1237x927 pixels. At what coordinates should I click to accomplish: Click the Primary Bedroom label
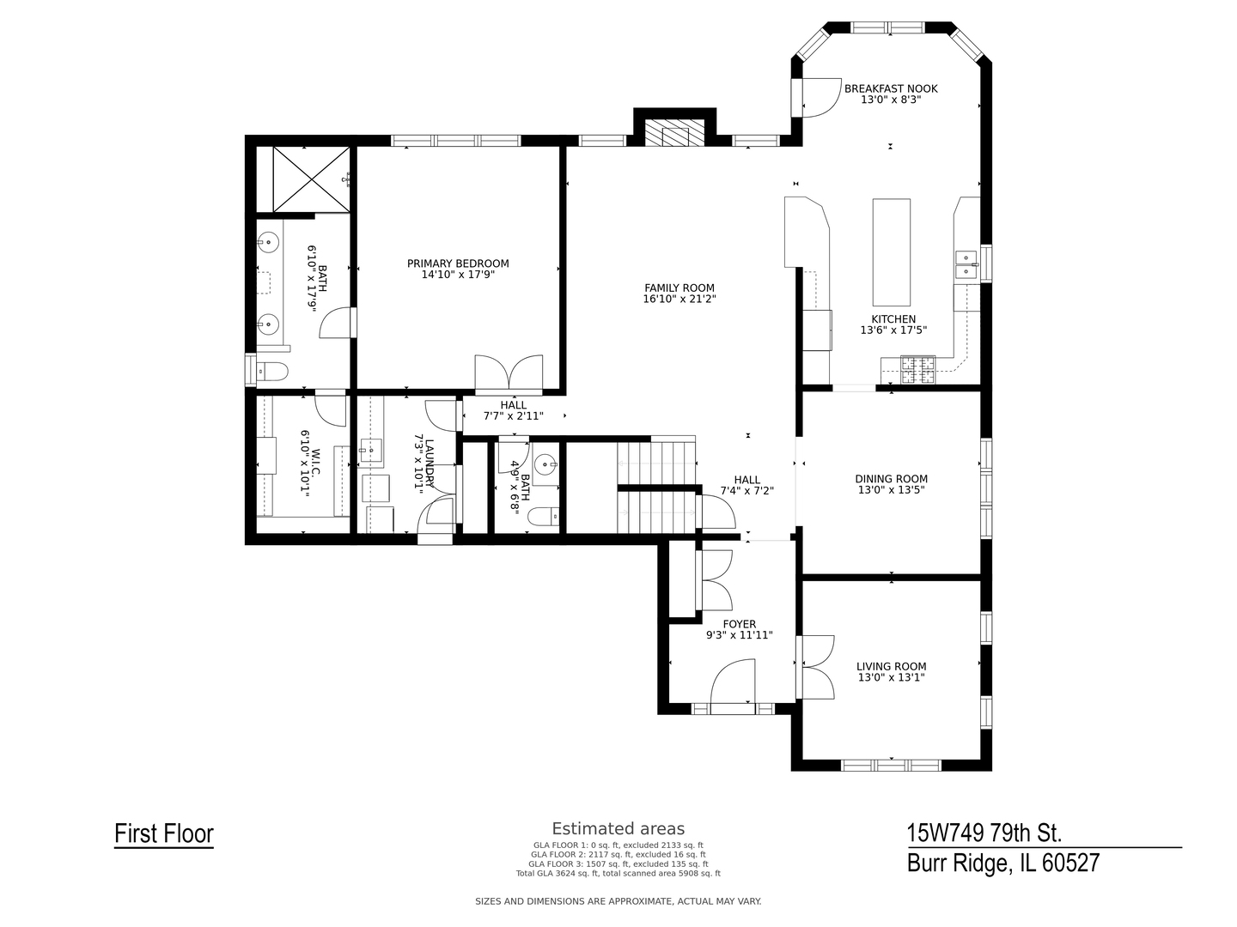coord(458,264)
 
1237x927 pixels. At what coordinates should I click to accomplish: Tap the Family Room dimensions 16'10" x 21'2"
coord(679,300)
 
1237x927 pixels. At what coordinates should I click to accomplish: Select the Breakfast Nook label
coord(891,88)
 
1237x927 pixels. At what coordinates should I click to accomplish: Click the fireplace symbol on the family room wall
coord(674,135)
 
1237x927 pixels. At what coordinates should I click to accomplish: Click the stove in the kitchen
coord(917,371)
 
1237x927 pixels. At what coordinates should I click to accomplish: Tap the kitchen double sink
coord(966,264)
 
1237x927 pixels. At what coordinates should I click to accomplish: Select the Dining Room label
coord(891,479)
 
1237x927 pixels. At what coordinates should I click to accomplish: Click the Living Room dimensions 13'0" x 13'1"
coord(891,677)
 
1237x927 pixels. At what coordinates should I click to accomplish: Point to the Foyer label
coord(739,624)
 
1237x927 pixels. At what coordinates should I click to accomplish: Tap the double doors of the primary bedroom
coord(509,374)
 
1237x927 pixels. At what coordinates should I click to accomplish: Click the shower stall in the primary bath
coord(311,179)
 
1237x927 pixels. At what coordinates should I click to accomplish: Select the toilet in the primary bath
coord(271,372)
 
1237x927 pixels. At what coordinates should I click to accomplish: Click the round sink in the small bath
coord(545,465)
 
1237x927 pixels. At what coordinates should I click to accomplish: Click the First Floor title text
coord(164,833)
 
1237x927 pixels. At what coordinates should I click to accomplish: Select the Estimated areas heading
coord(618,828)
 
